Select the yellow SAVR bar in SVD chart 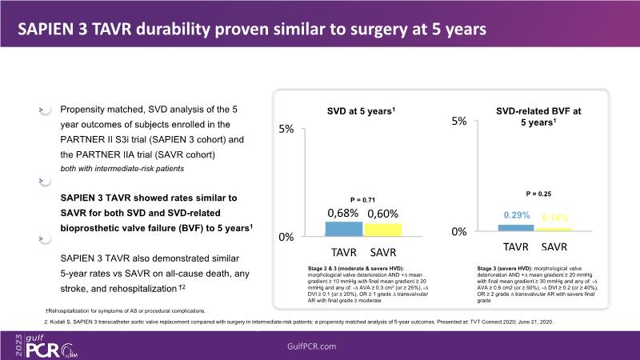point(382,230)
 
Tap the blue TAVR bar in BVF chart point(516,229)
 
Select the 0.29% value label point(517,216)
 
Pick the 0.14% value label point(554,217)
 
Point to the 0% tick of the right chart point(458,232)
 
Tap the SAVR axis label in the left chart point(383,251)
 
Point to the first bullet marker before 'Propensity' point(41,108)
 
